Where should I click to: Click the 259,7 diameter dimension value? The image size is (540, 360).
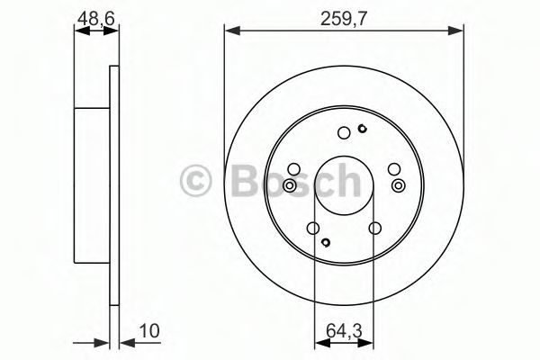(x=343, y=19)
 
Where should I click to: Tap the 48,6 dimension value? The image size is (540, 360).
(x=96, y=18)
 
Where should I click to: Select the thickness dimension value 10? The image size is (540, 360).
(x=149, y=331)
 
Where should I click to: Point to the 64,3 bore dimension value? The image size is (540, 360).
(x=344, y=331)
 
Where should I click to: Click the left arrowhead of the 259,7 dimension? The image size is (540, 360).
(x=232, y=31)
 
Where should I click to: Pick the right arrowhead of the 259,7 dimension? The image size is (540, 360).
(x=455, y=31)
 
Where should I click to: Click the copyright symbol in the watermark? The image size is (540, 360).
(x=195, y=180)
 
